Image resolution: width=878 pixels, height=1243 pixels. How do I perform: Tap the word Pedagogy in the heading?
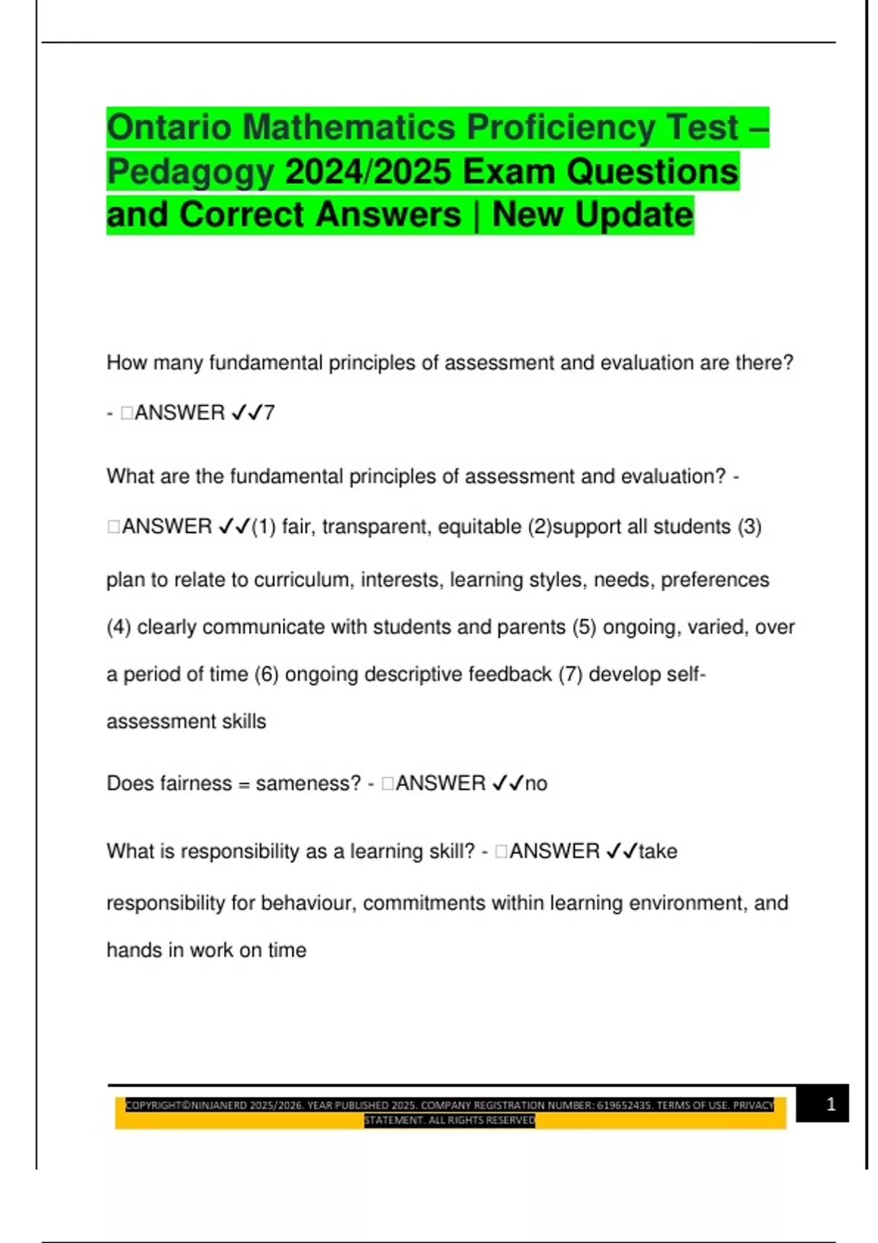coord(190,173)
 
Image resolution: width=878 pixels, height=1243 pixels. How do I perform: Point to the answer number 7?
coord(269,413)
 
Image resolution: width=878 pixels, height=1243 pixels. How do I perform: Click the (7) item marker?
coord(571,674)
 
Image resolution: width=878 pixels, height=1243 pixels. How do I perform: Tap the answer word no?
coord(536,784)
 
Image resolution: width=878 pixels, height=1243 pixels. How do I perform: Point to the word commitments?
coord(424,904)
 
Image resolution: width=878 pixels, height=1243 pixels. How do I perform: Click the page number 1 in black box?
coord(830,1104)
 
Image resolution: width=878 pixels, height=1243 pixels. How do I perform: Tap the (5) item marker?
coord(585,627)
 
